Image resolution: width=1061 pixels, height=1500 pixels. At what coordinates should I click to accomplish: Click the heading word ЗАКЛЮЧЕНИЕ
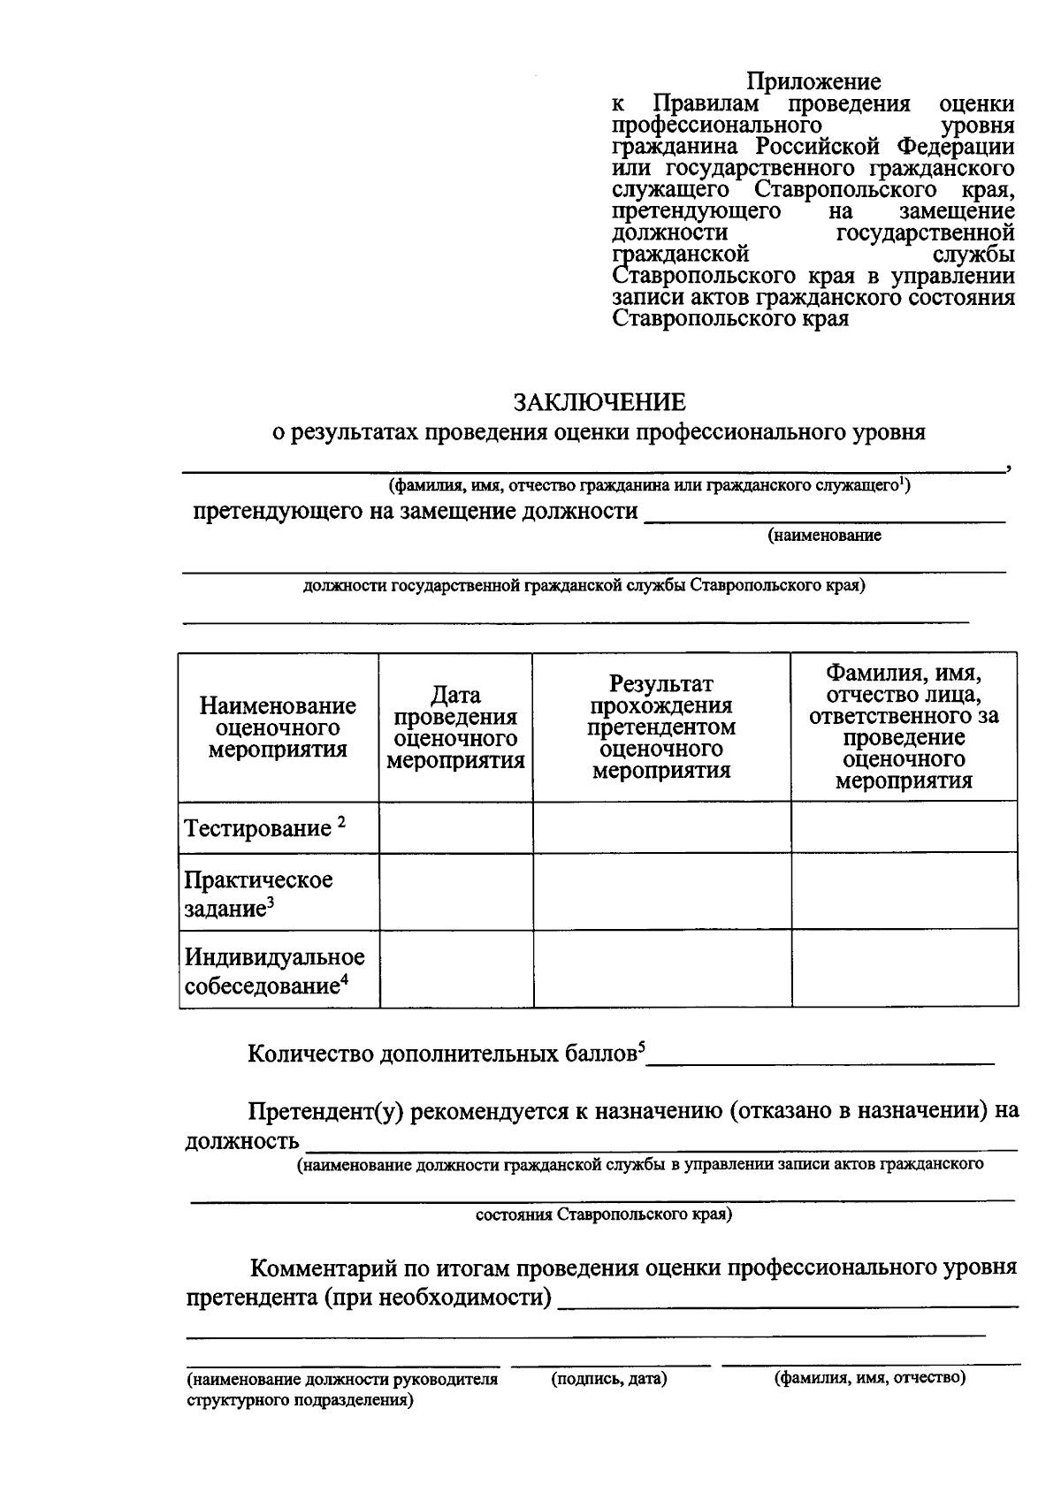(600, 403)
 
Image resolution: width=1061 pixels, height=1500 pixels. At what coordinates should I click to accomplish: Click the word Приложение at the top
(813, 82)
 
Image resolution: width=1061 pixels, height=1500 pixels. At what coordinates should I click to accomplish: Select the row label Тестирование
(257, 829)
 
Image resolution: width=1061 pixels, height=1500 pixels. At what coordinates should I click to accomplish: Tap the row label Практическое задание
(257, 894)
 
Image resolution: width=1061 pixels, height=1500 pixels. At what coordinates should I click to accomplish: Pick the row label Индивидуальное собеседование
(274, 971)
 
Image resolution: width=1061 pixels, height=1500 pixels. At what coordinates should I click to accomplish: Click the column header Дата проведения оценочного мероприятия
(455, 728)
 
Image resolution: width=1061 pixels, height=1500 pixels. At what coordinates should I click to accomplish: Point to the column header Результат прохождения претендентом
(661, 727)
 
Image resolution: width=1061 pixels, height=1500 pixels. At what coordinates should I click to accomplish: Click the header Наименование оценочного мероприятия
(278, 727)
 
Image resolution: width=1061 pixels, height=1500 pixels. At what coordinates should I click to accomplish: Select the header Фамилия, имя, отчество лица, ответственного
(904, 727)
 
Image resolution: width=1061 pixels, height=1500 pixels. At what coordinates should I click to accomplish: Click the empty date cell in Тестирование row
(455, 828)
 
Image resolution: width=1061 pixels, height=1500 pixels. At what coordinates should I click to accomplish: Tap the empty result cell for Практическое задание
(661, 891)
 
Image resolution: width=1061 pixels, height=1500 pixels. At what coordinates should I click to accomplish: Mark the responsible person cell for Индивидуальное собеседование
(904, 969)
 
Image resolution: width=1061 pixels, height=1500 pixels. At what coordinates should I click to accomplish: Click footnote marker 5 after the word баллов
(642, 1047)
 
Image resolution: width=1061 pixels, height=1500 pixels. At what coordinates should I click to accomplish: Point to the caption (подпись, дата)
(608, 1378)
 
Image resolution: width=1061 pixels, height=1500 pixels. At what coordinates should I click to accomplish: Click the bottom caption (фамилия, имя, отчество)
(870, 1377)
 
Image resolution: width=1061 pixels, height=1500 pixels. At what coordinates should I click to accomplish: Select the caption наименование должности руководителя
(341, 1379)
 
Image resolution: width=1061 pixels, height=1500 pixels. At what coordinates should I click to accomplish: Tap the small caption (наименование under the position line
(824, 536)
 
